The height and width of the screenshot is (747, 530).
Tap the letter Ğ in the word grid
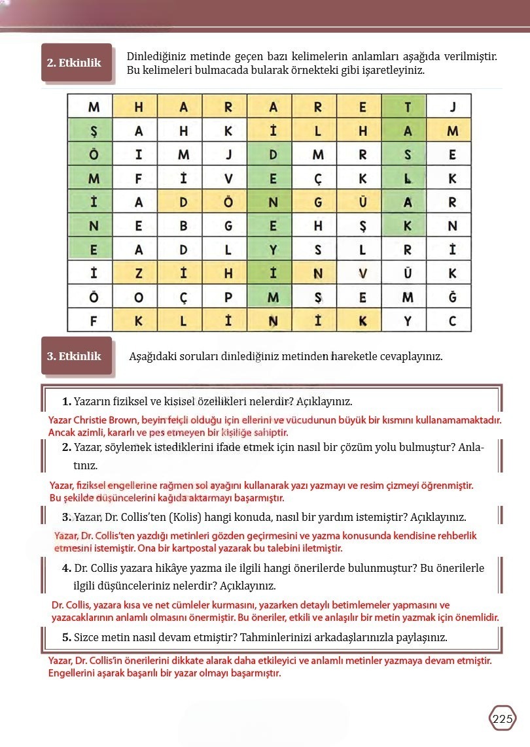click(452, 297)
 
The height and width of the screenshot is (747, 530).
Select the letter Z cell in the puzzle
click(138, 274)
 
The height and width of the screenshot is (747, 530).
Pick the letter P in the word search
click(228, 297)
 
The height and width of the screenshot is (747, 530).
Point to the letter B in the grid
click(183, 226)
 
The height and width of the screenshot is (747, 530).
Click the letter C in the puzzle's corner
click(452, 321)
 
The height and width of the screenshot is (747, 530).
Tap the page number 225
click(503, 719)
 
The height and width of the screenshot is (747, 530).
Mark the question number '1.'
click(67, 401)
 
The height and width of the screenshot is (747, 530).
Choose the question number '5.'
click(67, 637)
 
